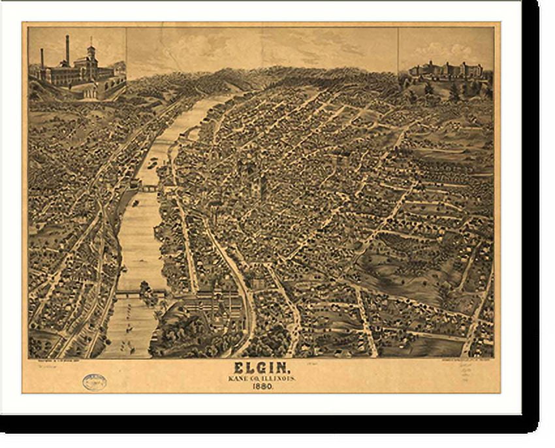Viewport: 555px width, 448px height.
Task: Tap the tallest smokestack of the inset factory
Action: click(x=67, y=50)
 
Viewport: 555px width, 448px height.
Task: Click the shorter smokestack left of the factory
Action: click(x=42, y=58)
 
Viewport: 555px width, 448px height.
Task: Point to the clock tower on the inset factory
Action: click(x=91, y=54)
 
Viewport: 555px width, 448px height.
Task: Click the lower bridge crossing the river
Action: click(x=140, y=293)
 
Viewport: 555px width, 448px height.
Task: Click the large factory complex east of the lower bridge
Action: click(x=209, y=304)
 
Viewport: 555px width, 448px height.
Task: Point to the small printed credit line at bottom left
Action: click(x=59, y=361)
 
